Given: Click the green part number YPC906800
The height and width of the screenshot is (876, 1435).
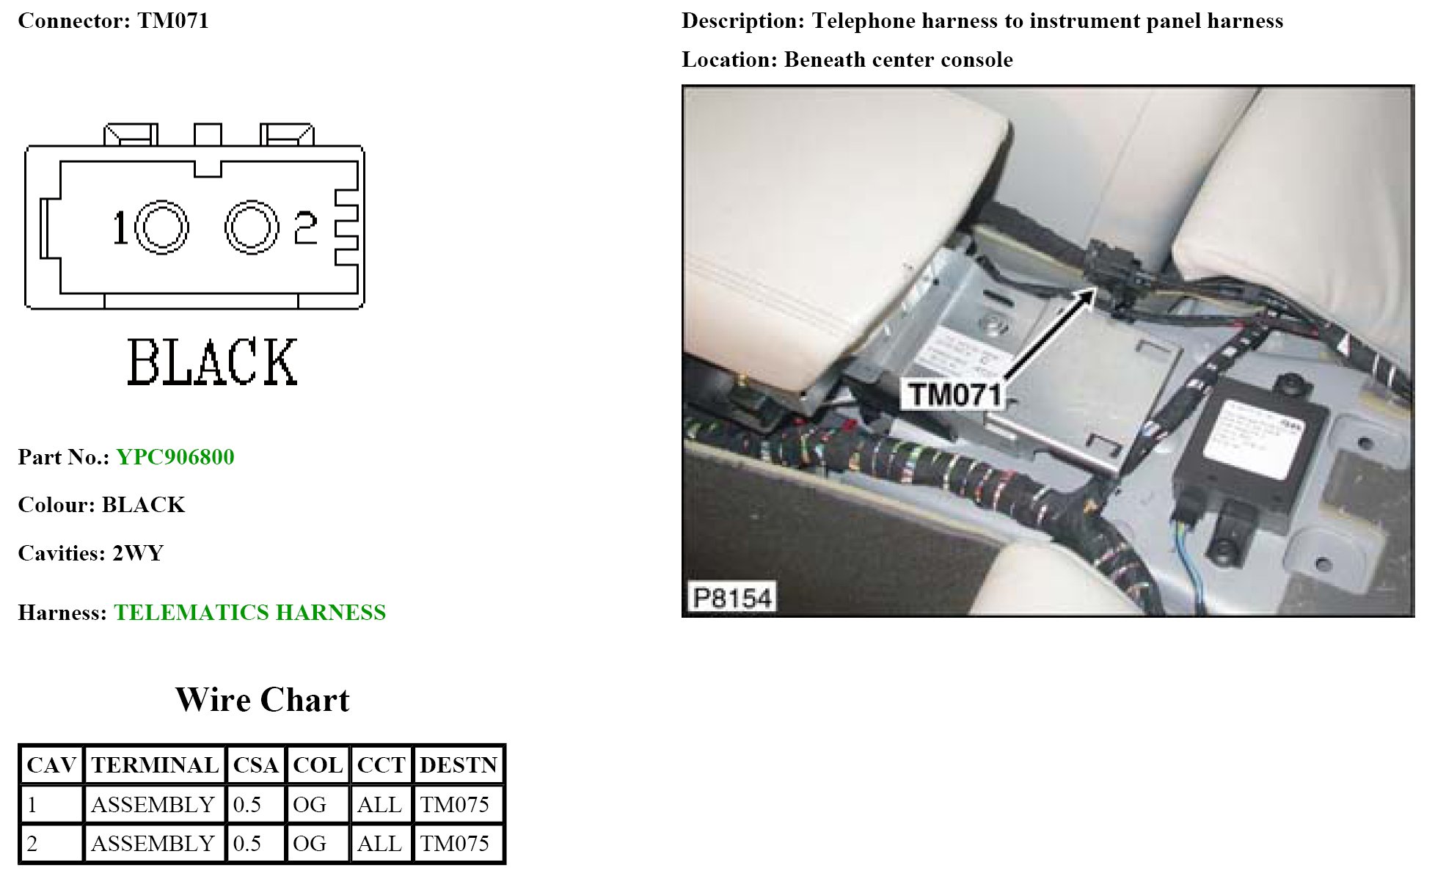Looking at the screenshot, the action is pyautogui.click(x=175, y=457).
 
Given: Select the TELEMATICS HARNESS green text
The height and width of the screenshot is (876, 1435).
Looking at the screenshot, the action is pyautogui.click(x=249, y=613).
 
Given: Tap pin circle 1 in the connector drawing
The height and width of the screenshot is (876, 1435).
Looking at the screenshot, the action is pyautogui.click(x=161, y=227).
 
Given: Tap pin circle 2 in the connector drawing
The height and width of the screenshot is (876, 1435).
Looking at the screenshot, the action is pyautogui.click(x=251, y=227).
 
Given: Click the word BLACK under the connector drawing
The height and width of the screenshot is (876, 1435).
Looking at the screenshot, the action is pyautogui.click(x=212, y=362).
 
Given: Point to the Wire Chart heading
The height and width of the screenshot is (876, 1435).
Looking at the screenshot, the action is pyautogui.click(x=262, y=700).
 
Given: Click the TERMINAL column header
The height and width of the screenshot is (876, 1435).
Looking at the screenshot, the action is pyautogui.click(x=155, y=765).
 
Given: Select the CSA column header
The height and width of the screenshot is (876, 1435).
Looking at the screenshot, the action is pyautogui.click(x=255, y=765).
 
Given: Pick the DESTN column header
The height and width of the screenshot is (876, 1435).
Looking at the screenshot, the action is pyautogui.click(x=459, y=765).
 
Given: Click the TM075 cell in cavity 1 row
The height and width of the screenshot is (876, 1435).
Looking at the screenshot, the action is pyautogui.click(x=455, y=805).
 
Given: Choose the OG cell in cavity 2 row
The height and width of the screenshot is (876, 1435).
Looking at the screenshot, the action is pyautogui.click(x=310, y=844).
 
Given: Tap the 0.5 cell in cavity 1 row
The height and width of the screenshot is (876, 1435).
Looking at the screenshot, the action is pyautogui.click(x=247, y=805).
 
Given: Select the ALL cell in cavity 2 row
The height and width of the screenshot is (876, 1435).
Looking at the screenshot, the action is pyautogui.click(x=379, y=844).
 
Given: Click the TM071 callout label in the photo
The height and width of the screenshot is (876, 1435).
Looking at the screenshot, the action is pyautogui.click(x=955, y=395).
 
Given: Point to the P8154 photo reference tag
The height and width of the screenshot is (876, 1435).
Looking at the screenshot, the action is pyautogui.click(x=732, y=598).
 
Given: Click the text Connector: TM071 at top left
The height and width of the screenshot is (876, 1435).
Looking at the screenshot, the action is pyautogui.click(x=113, y=21).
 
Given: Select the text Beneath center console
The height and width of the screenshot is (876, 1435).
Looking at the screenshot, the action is pyautogui.click(x=898, y=59).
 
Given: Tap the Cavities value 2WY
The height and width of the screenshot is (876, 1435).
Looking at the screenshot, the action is pyautogui.click(x=137, y=553).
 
